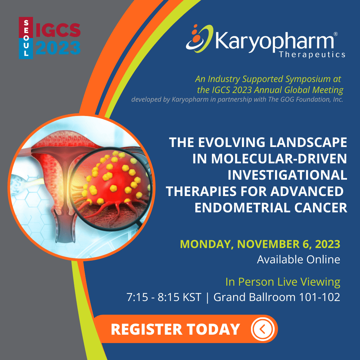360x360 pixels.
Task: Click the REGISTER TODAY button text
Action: click(175, 329)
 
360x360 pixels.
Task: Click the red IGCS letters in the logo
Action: click(58, 30)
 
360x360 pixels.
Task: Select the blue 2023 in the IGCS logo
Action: click(58, 48)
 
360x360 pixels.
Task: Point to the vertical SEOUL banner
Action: click(26, 38)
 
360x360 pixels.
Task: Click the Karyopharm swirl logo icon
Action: click(199, 38)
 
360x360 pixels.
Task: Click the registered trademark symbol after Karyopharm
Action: click(335, 34)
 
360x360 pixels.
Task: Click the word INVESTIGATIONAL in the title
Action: click(287, 175)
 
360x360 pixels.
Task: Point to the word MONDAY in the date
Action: click(205, 244)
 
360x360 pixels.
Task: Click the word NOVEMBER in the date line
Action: click(268, 244)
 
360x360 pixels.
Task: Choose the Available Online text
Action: click(298, 259)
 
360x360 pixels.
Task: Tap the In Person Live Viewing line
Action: click(283, 282)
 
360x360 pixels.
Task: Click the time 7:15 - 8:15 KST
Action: click(164, 297)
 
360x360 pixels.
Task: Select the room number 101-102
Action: click(319, 297)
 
